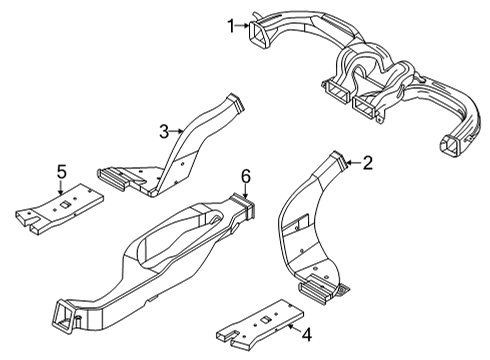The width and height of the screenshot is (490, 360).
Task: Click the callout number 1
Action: point(231,25)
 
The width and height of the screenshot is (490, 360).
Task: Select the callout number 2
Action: point(368,163)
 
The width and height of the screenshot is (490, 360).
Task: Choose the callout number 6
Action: point(245,176)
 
